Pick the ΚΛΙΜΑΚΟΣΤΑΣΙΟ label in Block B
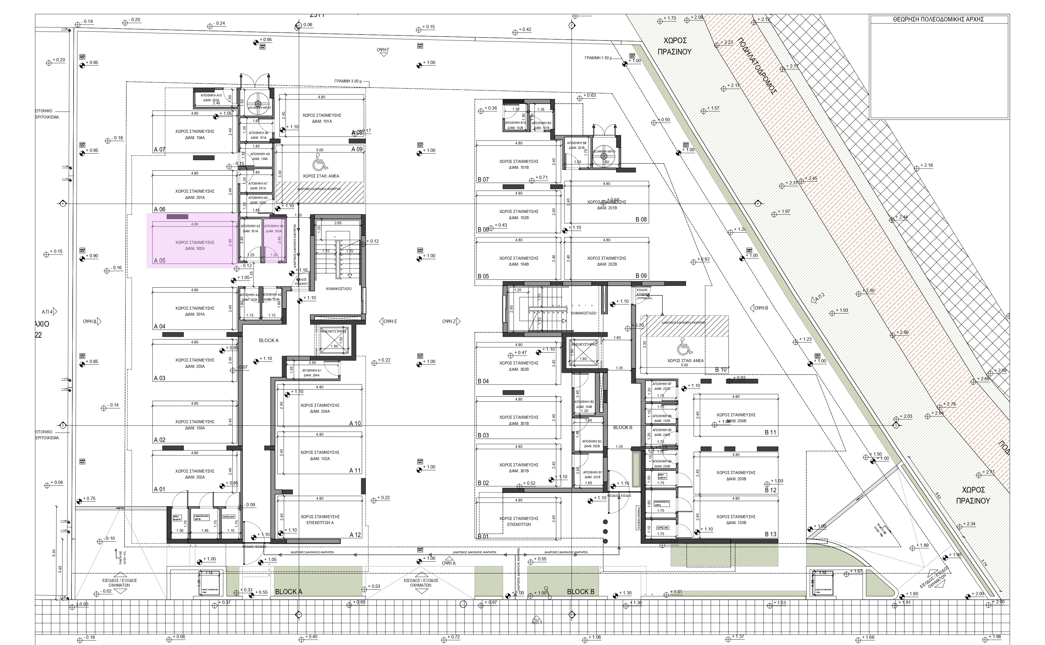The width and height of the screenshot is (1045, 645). [583, 313]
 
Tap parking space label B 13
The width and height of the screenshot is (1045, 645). [770, 534]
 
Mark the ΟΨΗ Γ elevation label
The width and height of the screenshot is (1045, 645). [383, 50]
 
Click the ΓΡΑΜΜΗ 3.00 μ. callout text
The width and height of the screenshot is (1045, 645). [348, 81]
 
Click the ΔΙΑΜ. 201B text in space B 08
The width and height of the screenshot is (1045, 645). [606, 208]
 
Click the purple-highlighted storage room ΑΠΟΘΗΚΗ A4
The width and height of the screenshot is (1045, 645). [273, 241]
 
